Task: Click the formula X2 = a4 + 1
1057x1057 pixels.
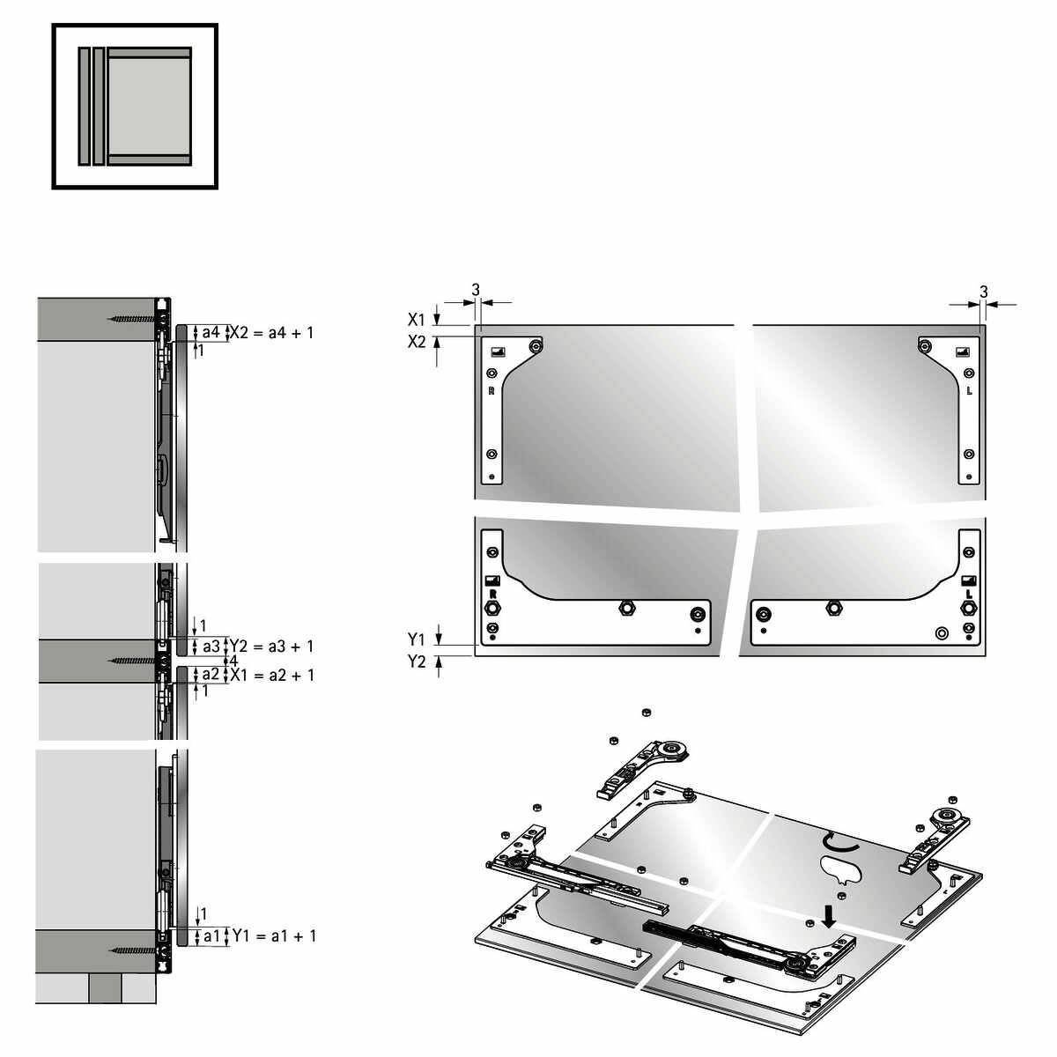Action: point(271,332)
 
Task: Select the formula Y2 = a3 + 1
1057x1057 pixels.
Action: point(271,647)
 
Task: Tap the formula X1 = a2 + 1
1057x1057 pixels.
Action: point(272,675)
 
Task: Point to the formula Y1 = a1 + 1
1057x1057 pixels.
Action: point(274,935)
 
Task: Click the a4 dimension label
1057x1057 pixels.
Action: point(211,332)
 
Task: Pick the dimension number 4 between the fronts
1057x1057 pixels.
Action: point(233,661)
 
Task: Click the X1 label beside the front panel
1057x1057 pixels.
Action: point(417,319)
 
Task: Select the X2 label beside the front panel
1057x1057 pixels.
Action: point(417,342)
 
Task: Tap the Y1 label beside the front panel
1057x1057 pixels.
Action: point(417,639)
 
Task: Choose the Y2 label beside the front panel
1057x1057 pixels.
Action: point(417,662)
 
